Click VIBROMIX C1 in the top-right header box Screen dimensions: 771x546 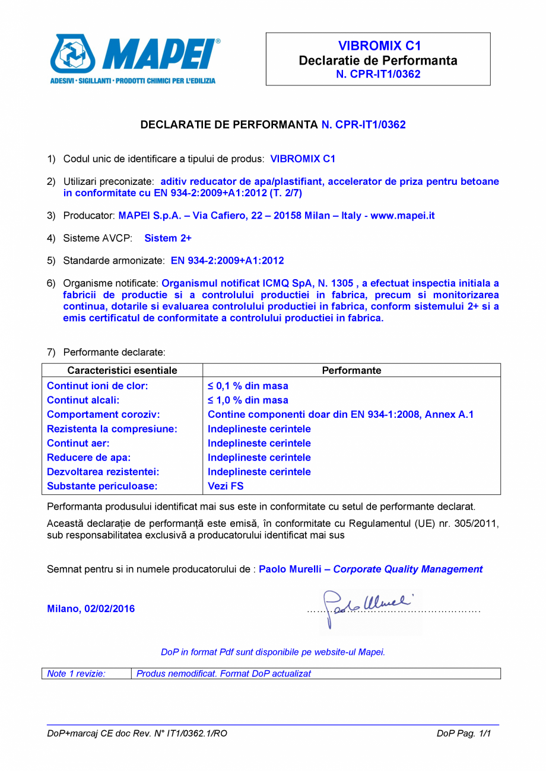coord(378,46)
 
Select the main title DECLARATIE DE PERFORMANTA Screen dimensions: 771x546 coord(229,124)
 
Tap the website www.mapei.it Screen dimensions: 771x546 coord(402,216)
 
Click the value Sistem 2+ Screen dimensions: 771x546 coord(168,238)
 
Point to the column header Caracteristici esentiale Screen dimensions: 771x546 coord(122,370)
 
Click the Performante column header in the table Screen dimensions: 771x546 coord(351,370)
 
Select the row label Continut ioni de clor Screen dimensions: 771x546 coord(97,386)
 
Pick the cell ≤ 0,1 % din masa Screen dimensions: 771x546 coord(247,386)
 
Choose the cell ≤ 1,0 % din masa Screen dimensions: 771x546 coord(247,400)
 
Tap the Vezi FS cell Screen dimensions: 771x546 coord(226,487)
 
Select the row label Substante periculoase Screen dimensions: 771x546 coord(102,487)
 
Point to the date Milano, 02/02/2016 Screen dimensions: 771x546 coord(91,609)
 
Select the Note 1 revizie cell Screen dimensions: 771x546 coord(77,674)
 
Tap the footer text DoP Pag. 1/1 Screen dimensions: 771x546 coord(465,734)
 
